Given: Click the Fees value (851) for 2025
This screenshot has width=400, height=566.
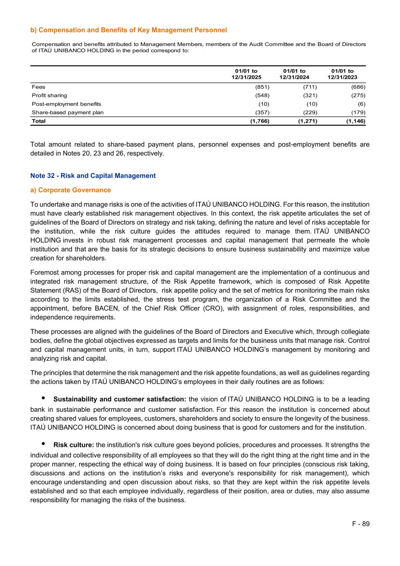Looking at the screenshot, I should click(262, 87).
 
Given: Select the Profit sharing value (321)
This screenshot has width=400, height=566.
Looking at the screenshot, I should click(310, 95).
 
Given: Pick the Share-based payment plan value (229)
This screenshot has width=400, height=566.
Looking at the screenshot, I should click(310, 112).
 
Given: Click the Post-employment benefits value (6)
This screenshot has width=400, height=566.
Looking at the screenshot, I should click(361, 104).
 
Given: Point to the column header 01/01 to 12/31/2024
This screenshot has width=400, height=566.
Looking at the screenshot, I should click(294, 74).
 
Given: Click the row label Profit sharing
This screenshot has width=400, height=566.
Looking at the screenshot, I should click(49, 95).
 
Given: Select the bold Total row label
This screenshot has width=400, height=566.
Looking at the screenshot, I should click(39, 121).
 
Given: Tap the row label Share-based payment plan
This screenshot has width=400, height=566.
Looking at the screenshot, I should click(68, 112).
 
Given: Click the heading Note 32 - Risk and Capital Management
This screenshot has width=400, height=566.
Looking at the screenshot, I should click(93, 176).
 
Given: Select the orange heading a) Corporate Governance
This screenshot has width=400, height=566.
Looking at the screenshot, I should click(70, 190).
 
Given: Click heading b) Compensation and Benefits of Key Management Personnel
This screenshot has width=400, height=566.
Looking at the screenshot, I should click(128, 30).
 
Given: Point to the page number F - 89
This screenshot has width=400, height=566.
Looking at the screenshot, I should click(361, 524).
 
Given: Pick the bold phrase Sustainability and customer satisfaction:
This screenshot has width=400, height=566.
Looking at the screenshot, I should click(119, 399).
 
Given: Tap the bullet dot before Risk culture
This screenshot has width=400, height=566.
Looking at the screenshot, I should click(44, 444).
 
